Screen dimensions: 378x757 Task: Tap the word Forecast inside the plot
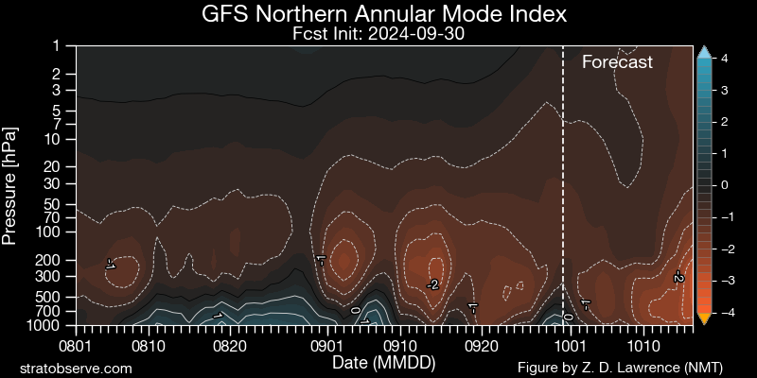[x=617, y=62]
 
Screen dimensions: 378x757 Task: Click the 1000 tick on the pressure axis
[x=50, y=325]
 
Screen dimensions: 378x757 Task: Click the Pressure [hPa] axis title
[x=11, y=184]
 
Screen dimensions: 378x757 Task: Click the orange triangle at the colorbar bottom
[x=703, y=318]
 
